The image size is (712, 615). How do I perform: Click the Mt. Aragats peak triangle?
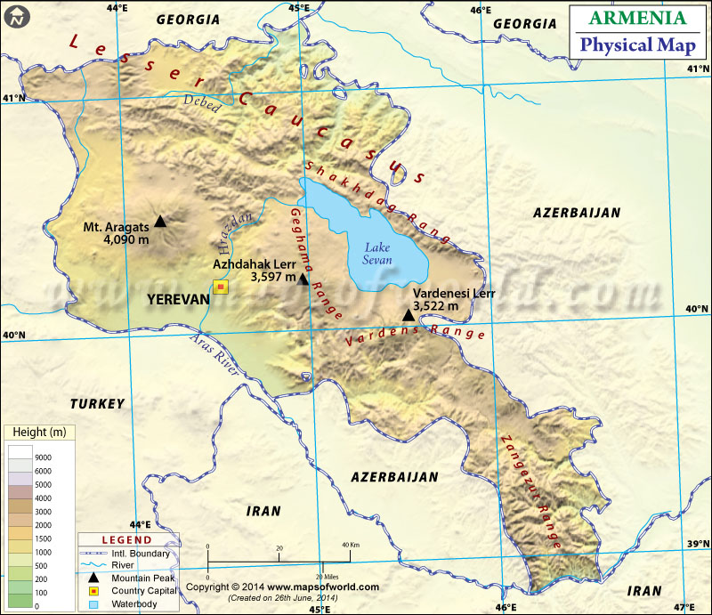tap(160, 221)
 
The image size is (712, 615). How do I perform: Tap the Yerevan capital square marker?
tap(220, 287)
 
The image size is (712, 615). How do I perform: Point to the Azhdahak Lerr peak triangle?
tap(303, 279)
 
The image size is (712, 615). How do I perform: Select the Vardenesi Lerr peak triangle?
tap(408, 314)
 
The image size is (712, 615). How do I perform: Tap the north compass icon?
tap(17, 17)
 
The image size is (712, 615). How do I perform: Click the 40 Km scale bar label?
tap(349, 545)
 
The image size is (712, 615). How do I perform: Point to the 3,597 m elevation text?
tap(272, 278)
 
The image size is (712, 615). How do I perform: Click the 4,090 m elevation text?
tap(126, 240)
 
